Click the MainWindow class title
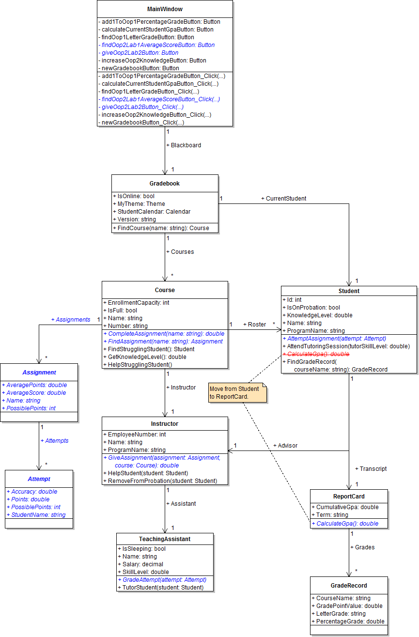click(x=165, y=9)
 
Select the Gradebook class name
click(x=165, y=184)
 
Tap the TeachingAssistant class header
click(x=165, y=539)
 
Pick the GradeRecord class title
click(x=349, y=585)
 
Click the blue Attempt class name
click(x=39, y=479)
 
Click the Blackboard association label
click(x=184, y=145)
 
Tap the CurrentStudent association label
click(x=284, y=198)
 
